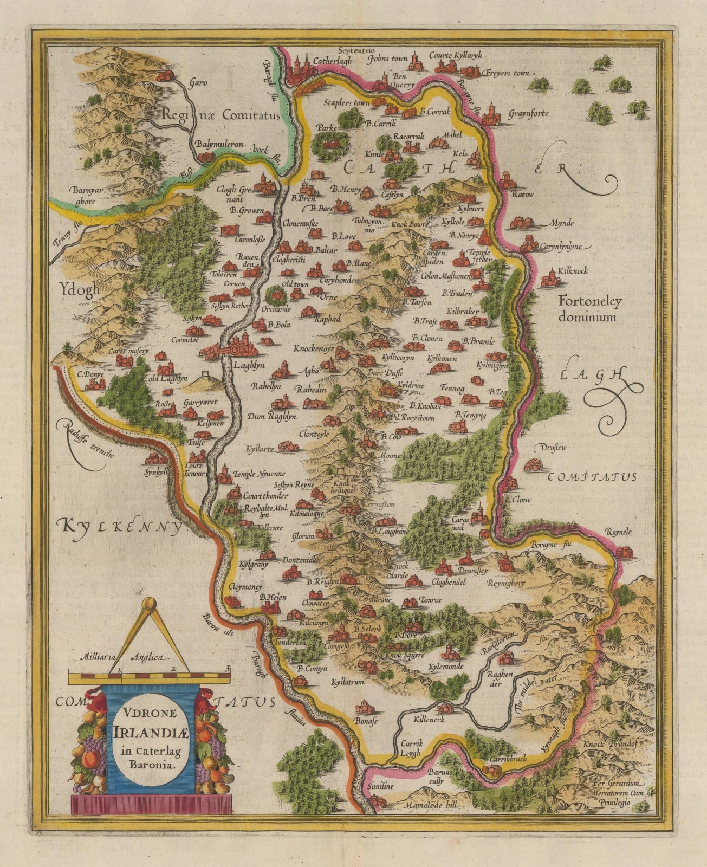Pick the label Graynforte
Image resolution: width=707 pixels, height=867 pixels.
coord(529,114)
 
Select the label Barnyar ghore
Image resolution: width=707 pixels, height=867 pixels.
coord(83,196)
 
